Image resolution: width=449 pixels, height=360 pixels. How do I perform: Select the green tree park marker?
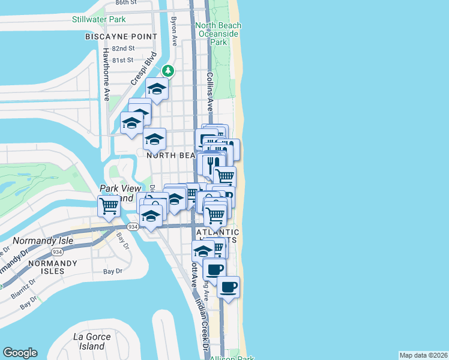(170, 71)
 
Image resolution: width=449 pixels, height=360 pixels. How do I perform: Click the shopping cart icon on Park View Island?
(109, 206)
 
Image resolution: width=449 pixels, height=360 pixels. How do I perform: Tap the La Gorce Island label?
(91, 341)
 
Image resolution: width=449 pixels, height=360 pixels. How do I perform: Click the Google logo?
(20, 353)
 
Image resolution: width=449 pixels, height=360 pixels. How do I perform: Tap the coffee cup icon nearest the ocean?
(228, 287)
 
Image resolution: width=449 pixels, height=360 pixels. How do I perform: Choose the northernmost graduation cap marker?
(157, 89)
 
